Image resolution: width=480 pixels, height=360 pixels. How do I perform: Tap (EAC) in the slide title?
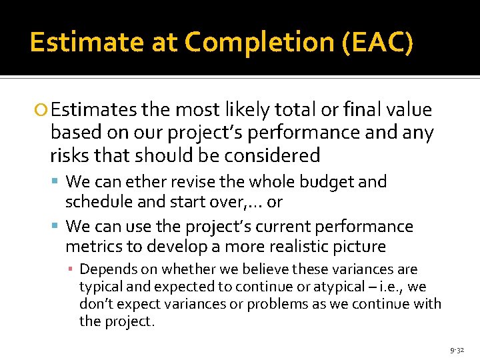point(377,43)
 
